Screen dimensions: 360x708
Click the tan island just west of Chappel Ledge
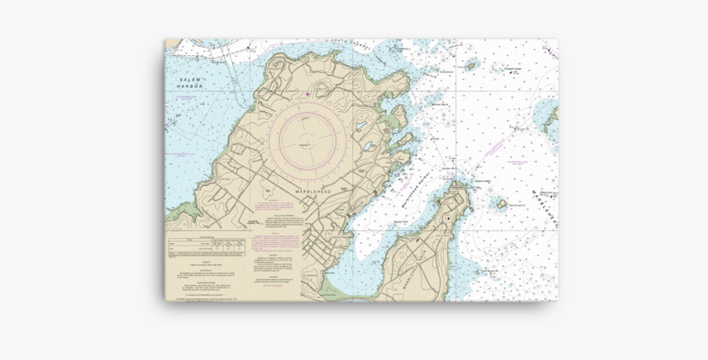(x=472, y=64)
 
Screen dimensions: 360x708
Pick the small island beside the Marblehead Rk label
(x=501, y=203)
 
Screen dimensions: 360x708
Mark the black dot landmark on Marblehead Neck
(x=448, y=219)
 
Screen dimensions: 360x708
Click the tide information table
(x=206, y=245)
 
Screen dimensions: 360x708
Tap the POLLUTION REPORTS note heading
(x=285, y=213)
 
